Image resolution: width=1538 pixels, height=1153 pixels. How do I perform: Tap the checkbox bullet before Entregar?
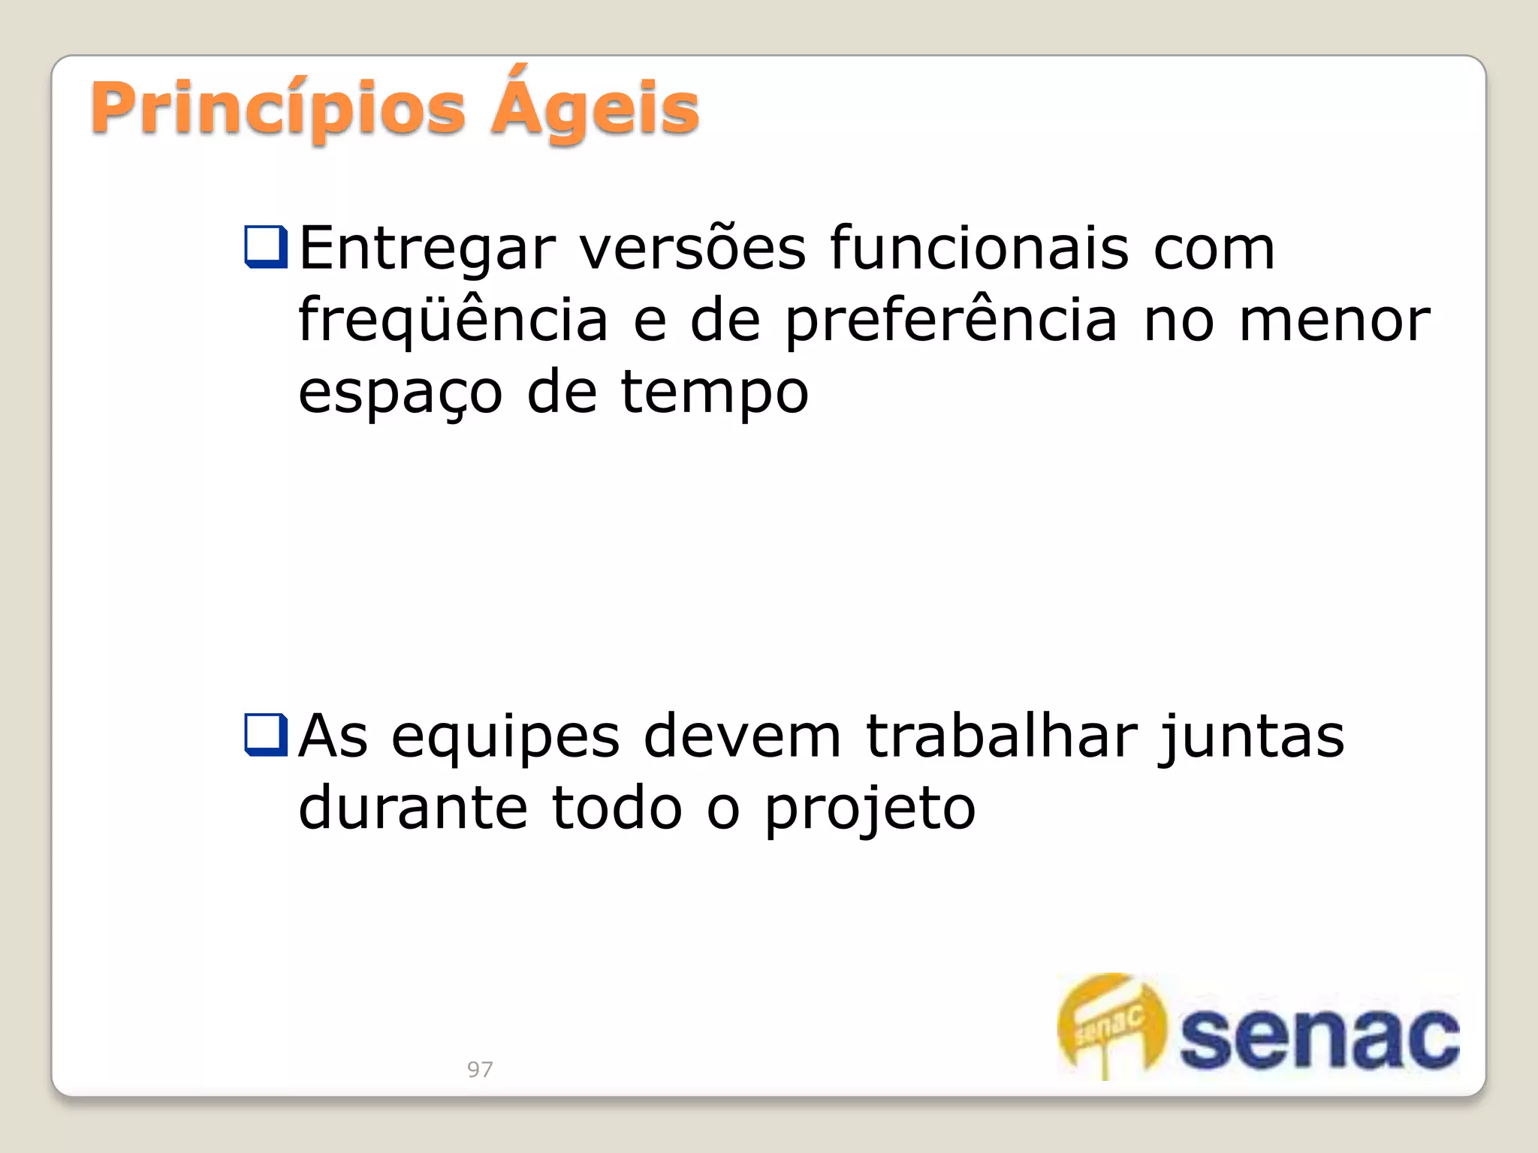tap(266, 247)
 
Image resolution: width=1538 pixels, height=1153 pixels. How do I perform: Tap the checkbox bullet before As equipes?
tap(266, 735)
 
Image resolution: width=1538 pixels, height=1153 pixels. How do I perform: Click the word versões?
tap(692, 249)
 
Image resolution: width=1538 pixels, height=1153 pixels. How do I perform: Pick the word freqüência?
tap(453, 321)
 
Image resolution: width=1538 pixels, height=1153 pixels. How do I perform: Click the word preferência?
tap(951, 321)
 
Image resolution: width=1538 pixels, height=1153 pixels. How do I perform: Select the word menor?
tap(1334, 321)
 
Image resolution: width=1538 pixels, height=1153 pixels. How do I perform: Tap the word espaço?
tap(400, 393)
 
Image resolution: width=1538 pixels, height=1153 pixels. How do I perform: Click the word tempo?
tap(714, 393)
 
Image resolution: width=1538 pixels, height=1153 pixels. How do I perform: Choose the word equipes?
tap(505, 737)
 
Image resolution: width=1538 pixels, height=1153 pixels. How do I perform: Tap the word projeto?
tap(870, 809)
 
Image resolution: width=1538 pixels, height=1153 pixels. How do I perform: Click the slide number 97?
tap(480, 1069)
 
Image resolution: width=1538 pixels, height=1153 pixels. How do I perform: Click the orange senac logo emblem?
tap(1111, 1025)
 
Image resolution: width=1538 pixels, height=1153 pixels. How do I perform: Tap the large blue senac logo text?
tap(1319, 1038)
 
